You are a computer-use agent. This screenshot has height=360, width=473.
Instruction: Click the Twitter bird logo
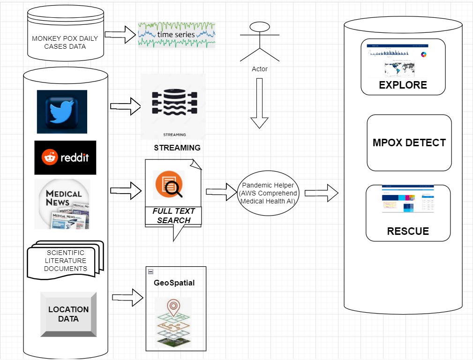click(x=62, y=112)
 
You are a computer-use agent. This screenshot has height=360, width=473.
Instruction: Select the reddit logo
click(x=65, y=157)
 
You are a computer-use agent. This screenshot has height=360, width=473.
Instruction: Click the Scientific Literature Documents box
click(x=66, y=261)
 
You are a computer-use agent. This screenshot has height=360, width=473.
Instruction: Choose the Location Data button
click(x=68, y=314)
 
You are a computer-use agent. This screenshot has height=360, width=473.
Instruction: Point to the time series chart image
click(x=177, y=35)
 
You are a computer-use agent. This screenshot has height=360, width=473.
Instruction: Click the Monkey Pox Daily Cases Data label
click(x=65, y=42)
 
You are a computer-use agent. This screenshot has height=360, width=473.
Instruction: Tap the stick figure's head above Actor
click(x=260, y=27)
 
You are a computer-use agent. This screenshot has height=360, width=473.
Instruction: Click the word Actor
click(x=260, y=69)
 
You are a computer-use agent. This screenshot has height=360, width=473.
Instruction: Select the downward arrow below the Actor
click(x=260, y=104)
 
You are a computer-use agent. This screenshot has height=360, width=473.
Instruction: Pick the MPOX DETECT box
click(x=409, y=142)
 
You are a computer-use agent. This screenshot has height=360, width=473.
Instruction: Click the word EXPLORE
click(x=403, y=85)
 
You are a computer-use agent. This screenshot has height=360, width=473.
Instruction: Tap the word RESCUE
click(x=408, y=231)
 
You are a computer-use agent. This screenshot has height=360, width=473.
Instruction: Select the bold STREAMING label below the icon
click(x=177, y=148)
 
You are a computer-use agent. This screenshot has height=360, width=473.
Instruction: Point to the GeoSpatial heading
click(x=174, y=283)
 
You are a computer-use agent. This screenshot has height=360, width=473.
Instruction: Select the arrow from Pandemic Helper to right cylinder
click(x=322, y=192)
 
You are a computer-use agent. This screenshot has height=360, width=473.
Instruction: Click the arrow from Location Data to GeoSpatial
click(x=128, y=297)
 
